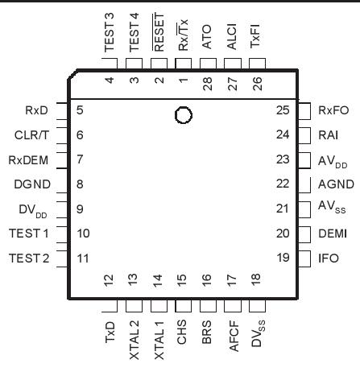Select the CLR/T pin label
point(32,134)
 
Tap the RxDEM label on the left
point(30,159)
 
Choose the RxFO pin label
point(332,110)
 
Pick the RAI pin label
point(327,134)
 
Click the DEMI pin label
point(329,234)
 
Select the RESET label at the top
point(159,36)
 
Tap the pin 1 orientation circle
point(184,115)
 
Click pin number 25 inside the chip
point(282,110)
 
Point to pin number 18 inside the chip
point(255,281)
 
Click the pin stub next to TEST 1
point(61,234)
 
